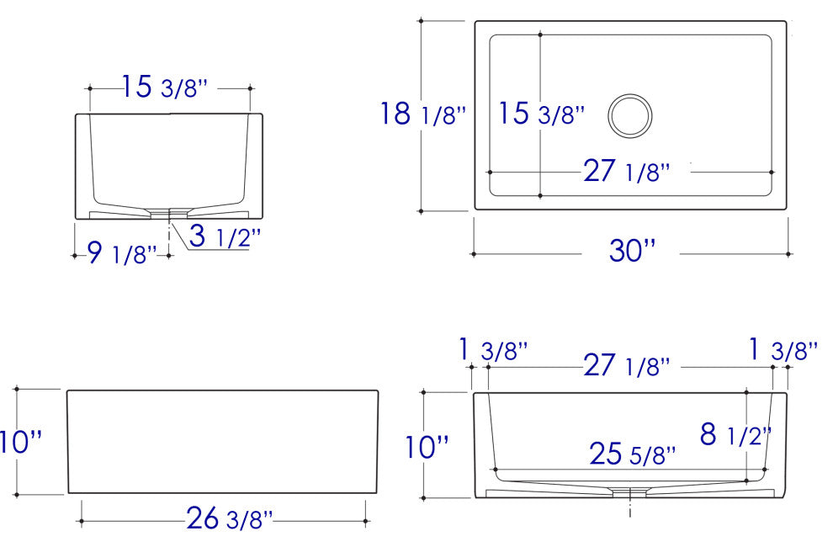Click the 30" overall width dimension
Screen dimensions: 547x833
[631, 252]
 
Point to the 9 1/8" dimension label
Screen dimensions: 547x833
[123, 252]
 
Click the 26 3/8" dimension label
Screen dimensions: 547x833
[228, 519]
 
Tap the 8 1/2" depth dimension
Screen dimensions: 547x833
[735, 435]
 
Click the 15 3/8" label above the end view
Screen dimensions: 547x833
[164, 87]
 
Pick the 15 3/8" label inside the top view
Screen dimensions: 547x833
[539, 114]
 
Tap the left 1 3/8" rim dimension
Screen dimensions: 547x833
[493, 351]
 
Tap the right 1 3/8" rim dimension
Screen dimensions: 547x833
[783, 350]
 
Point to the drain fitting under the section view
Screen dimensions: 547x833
[630, 490]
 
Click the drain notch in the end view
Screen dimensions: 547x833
[171, 212]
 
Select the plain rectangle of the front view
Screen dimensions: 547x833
[222, 441]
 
